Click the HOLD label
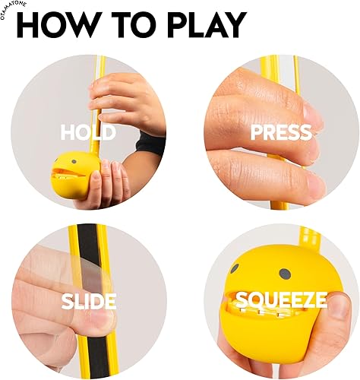click(x=88, y=133)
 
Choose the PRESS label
click(x=281, y=133)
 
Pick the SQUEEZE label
click(x=281, y=301)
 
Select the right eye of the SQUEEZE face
click(x=284, y=272)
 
